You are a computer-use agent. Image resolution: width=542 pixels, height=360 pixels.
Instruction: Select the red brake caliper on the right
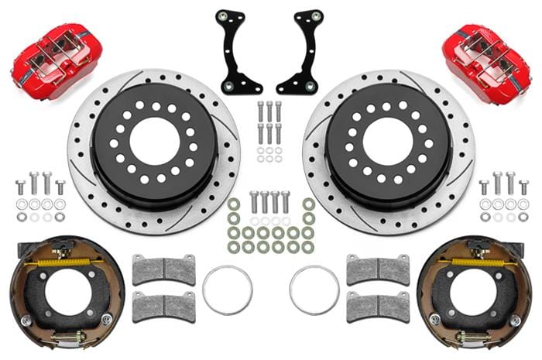[486, 54]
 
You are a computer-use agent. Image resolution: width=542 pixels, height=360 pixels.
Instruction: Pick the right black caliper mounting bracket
[303, 51]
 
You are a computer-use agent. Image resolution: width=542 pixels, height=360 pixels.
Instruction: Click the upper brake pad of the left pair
[163, 269]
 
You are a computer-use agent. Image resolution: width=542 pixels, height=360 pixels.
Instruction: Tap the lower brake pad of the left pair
[163, 306]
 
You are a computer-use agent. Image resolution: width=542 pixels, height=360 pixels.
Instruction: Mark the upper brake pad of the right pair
[377, 269]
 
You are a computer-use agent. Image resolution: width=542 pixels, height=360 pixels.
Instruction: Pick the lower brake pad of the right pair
[377, 306]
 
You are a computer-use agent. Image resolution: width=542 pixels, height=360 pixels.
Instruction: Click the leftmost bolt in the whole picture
[20, 187]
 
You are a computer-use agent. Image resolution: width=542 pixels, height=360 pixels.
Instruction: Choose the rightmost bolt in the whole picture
[523, 187]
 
